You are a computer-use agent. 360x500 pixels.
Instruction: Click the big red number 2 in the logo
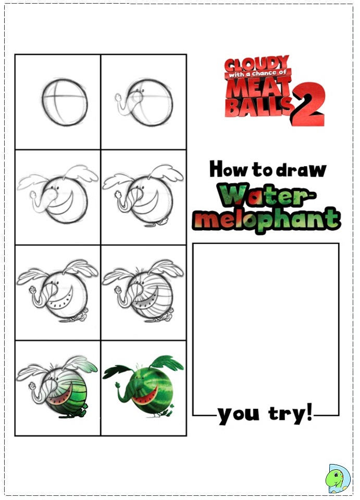[308, 104]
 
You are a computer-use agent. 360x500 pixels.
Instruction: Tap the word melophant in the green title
[266, 220]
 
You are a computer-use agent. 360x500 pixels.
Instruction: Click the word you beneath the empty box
[238, 415]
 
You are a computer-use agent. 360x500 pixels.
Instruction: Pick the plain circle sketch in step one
[65, 102]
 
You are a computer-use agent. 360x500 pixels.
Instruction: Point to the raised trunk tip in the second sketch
[118, 97]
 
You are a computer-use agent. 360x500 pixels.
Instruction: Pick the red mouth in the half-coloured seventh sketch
[60, 397]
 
